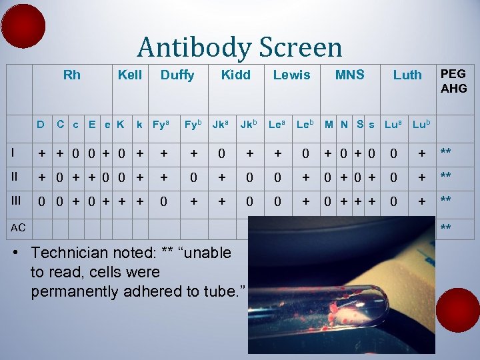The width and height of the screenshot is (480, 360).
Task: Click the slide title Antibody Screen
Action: [239, 47]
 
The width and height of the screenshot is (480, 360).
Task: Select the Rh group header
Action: [71, 75]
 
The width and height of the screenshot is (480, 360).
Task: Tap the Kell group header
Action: [129, 75]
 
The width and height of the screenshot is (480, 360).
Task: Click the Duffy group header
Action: [177, 75]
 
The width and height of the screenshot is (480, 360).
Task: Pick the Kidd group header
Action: [235, 75]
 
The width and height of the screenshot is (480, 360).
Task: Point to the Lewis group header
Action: [291, 75]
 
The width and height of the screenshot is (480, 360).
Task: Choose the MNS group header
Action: [349, 75]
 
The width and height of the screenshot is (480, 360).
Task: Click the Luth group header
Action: [407, 75]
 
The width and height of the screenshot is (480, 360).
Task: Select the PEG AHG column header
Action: [453, 81]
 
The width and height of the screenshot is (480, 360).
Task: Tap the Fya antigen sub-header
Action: [161, 124]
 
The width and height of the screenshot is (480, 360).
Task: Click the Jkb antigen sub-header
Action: [249, 124]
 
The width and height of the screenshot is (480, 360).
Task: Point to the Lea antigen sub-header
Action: [277, 124]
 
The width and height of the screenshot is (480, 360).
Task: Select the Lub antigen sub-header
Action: [421, 124]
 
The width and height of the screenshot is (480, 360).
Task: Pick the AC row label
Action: [18, 227]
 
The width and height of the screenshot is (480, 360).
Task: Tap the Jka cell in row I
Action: [220, 153]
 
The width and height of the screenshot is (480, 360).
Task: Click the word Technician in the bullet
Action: [74, 253]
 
